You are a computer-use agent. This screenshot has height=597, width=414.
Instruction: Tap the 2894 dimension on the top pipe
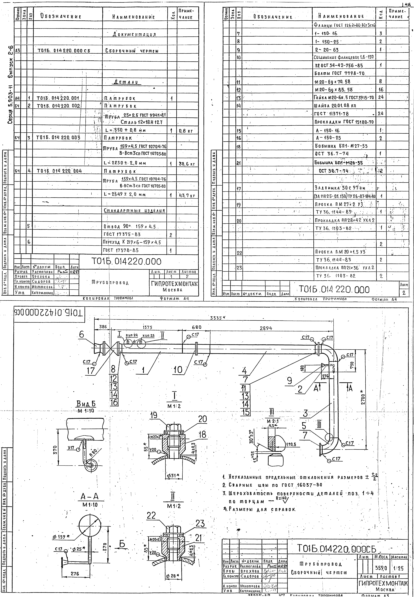(x=266, y=328)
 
